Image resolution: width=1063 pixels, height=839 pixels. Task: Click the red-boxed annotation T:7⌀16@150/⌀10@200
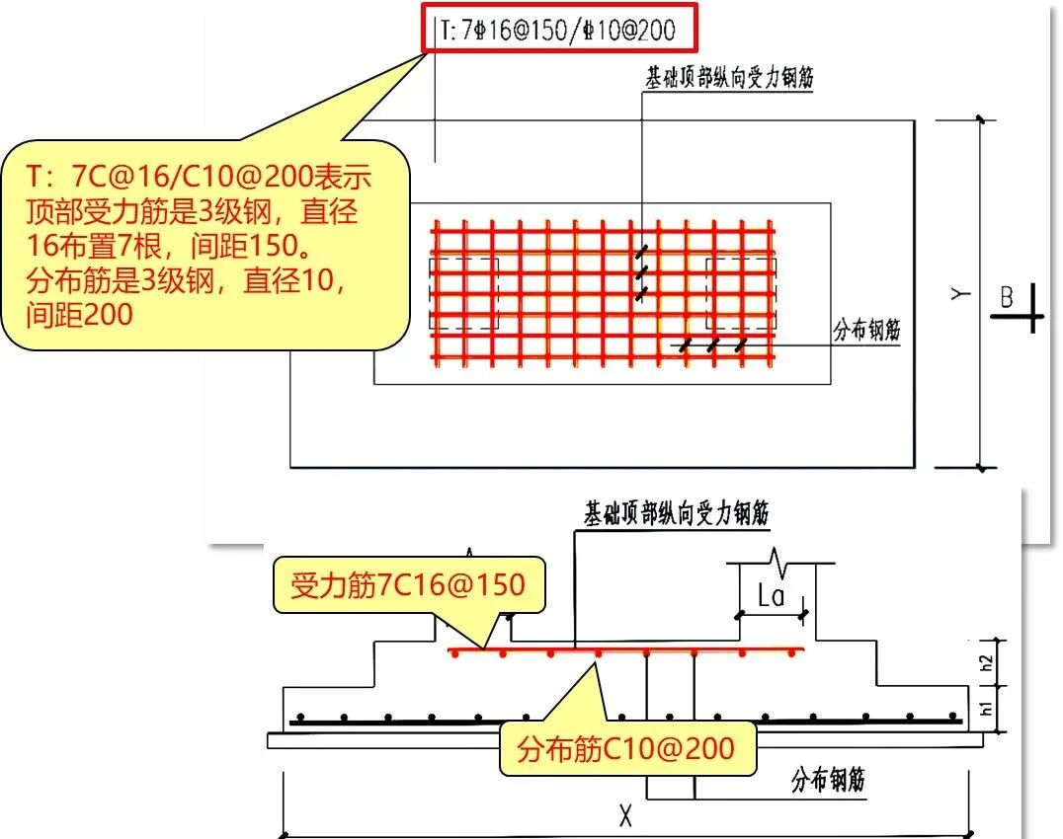pos(561,30)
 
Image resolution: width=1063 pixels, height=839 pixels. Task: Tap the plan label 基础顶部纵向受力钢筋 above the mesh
pos(729,78)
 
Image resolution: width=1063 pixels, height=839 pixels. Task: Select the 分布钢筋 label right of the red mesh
pos(866,330)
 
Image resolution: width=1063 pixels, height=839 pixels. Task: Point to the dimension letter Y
pos(957,293)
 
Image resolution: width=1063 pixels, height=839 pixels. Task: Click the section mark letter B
pos(1007,297)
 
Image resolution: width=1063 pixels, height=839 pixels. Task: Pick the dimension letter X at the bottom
pos(624,815)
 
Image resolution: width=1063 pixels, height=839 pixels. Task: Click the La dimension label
pos(771,595)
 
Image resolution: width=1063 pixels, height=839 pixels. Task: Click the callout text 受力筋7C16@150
pos(407,585)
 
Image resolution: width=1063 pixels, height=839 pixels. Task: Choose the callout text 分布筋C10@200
pos(625,748)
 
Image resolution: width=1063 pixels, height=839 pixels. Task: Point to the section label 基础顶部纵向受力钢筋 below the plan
pos(677,513)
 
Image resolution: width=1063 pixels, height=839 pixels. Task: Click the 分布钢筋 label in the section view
pos(828,781)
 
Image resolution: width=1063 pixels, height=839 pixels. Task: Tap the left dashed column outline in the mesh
pos(464,294)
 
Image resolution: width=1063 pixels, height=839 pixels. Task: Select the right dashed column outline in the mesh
pos(741,294)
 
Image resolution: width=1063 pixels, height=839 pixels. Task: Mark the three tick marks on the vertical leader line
pos(642,270)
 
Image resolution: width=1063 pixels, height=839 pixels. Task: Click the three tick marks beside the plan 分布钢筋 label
pos(712,345)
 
